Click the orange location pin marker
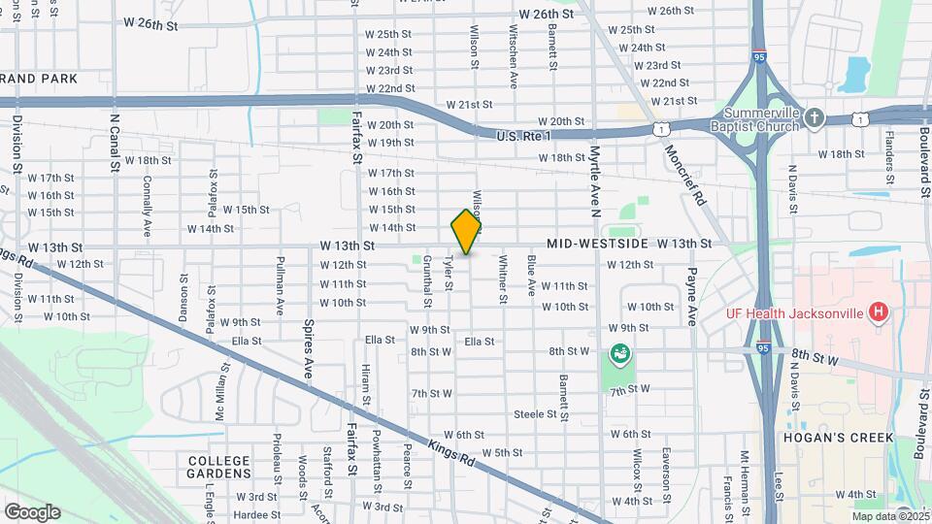(466, 232)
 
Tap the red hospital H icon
(878, 311)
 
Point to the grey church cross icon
(815, 118)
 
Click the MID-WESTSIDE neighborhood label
(596, 243)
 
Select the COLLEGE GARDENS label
(219, 467)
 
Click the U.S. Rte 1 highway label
(522, 136)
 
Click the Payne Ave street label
(693, 296)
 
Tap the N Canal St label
(115, 143)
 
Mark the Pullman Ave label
(279, 286)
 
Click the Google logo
(31, 511)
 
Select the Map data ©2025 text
(871, 516)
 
